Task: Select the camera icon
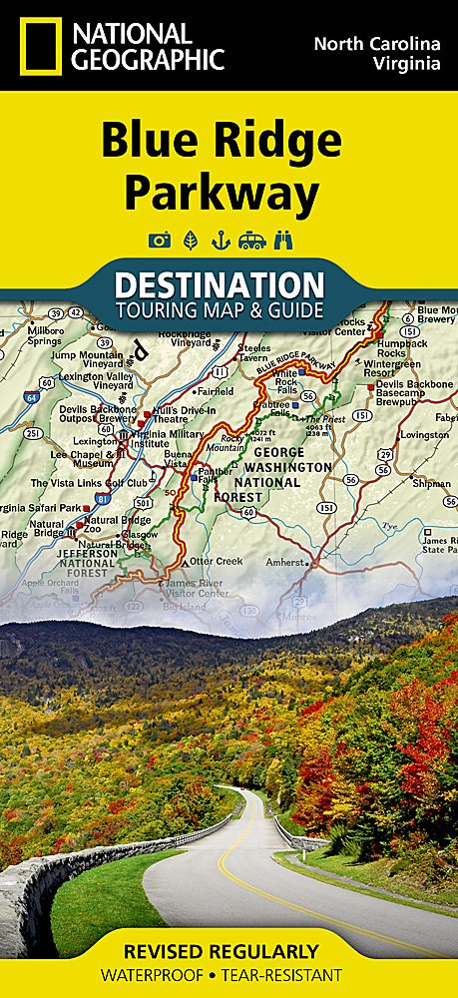pos(158,240)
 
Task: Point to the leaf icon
pos(189,240)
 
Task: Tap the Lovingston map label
pos(424,435)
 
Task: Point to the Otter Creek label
pos(216,561)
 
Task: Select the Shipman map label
pos(431,483)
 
